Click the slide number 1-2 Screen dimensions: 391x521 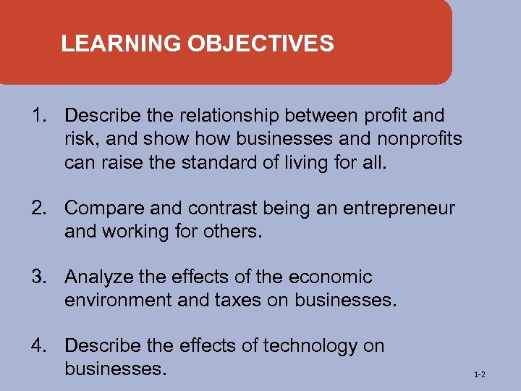pos(479,375)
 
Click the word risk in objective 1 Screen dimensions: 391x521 pos(80,138)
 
